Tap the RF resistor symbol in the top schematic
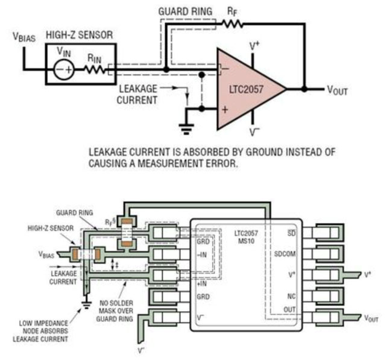coord(232,24)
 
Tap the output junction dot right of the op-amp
coord(305,89)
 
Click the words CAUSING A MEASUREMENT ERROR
coord(163,162)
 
